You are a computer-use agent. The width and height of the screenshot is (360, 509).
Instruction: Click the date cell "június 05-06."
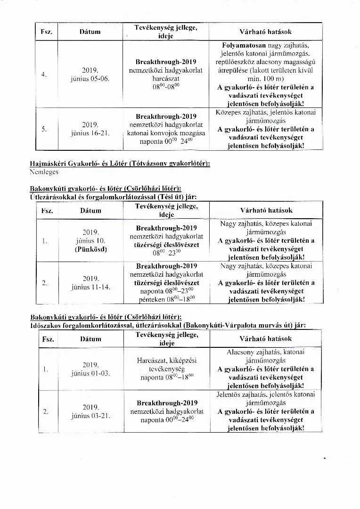coord(90,78)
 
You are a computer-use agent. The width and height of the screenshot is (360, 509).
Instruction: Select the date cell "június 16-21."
coord(90,133)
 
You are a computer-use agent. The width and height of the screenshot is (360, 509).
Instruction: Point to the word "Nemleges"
coord(44,172)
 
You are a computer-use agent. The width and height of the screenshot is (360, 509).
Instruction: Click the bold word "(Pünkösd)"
coord(90,249)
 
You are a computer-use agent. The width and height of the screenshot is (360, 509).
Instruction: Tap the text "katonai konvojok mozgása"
coord(166,133)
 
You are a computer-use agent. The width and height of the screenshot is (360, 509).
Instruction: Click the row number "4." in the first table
coord(43,74)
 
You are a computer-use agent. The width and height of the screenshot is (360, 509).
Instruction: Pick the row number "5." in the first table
coord(43,129)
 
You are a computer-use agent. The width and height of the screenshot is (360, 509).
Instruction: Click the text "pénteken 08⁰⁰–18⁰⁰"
coord(167,299)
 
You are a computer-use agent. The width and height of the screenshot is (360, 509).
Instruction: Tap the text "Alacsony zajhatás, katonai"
coord(266,352)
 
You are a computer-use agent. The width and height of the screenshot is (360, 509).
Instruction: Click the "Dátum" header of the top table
coord(90,32)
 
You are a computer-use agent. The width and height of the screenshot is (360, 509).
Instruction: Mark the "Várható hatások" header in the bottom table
coord(266,338)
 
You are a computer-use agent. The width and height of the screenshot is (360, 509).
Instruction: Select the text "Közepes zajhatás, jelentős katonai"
coord(266,112)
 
